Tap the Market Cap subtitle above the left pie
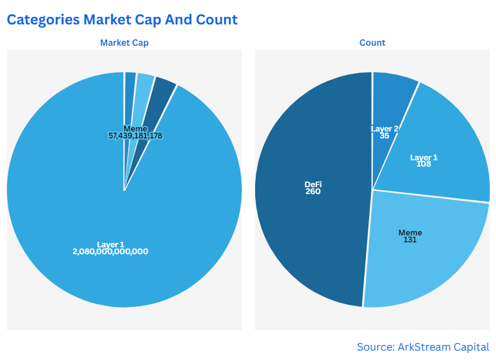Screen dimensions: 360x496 click(x=124, y=43)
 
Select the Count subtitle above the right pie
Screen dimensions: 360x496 click(x=372, y=43)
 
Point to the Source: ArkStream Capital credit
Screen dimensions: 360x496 click(x=423, y=346)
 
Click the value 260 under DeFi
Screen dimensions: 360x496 click(x=313, y=192)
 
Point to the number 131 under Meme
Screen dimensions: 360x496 click(x=410, y=240)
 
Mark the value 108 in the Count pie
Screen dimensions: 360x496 click(x=424, y=164)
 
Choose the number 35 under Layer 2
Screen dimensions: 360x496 click(x=385, y=135)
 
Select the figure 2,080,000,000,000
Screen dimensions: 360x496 click(x=111, y=251)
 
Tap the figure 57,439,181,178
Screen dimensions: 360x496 click(x=136, y=135)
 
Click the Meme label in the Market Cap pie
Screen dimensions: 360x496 click(x=135, y=128)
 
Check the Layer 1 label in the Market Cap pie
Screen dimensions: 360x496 click(x=111, y=244)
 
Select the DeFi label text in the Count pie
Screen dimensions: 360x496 click(x=313, y=185)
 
